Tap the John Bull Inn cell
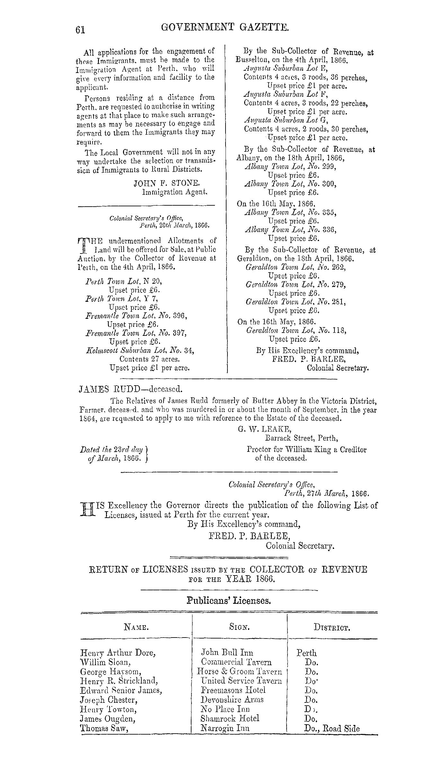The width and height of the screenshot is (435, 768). point(227,653)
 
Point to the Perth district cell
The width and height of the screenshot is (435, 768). point(306,653)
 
